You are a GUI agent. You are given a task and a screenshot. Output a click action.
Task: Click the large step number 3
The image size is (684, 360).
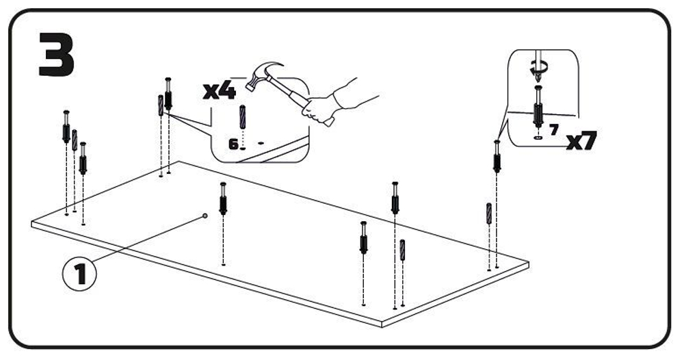pos(57,54)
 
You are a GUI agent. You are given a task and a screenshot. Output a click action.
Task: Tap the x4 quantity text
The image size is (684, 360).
pos(220,91)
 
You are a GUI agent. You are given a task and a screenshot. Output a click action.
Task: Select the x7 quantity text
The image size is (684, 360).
pos(581,140)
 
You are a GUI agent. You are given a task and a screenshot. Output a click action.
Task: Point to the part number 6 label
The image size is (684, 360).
pos(233,144)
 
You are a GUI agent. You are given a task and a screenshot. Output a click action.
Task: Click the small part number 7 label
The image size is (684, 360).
pos(553,129)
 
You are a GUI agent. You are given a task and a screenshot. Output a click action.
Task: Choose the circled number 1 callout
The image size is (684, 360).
pos(80,274)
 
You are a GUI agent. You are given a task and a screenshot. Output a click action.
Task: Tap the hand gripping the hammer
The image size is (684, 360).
pos(319,110)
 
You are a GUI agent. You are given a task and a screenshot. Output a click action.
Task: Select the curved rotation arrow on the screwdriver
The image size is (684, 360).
pos(538,68)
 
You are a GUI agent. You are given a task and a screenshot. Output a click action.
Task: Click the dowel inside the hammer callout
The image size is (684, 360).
pos(242,116)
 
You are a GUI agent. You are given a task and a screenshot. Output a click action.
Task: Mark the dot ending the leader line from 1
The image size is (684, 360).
pos(205,216)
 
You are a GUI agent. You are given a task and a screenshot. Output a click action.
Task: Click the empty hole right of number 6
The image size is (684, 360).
pos(261,142)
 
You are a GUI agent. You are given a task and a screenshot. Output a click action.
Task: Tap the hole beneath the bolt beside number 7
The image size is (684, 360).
pos(538,138)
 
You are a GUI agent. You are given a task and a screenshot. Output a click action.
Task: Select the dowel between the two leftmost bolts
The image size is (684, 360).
pos(75,140)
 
